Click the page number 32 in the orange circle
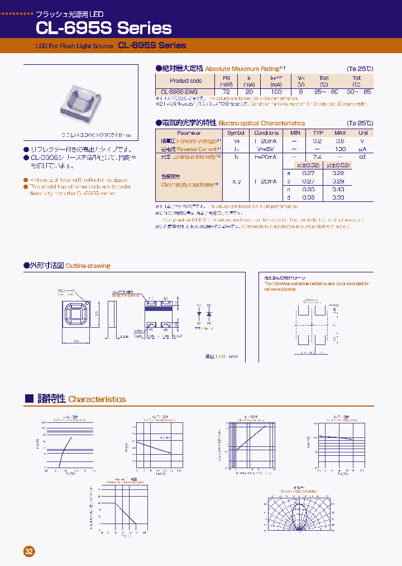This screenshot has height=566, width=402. point(29,551)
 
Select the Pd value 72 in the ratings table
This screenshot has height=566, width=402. point(226,91)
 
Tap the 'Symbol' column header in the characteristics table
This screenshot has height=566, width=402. point(236,133)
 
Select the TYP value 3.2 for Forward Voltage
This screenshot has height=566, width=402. point(317,141)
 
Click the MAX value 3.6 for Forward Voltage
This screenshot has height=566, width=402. point(339,141)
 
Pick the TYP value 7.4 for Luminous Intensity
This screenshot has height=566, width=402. point(317,157)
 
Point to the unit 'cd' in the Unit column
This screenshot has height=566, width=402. point(363,157)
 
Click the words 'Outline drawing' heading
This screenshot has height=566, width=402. point(88,266)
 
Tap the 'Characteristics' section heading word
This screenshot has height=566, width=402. point(97,399)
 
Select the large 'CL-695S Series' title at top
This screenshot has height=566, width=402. point(103,27)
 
